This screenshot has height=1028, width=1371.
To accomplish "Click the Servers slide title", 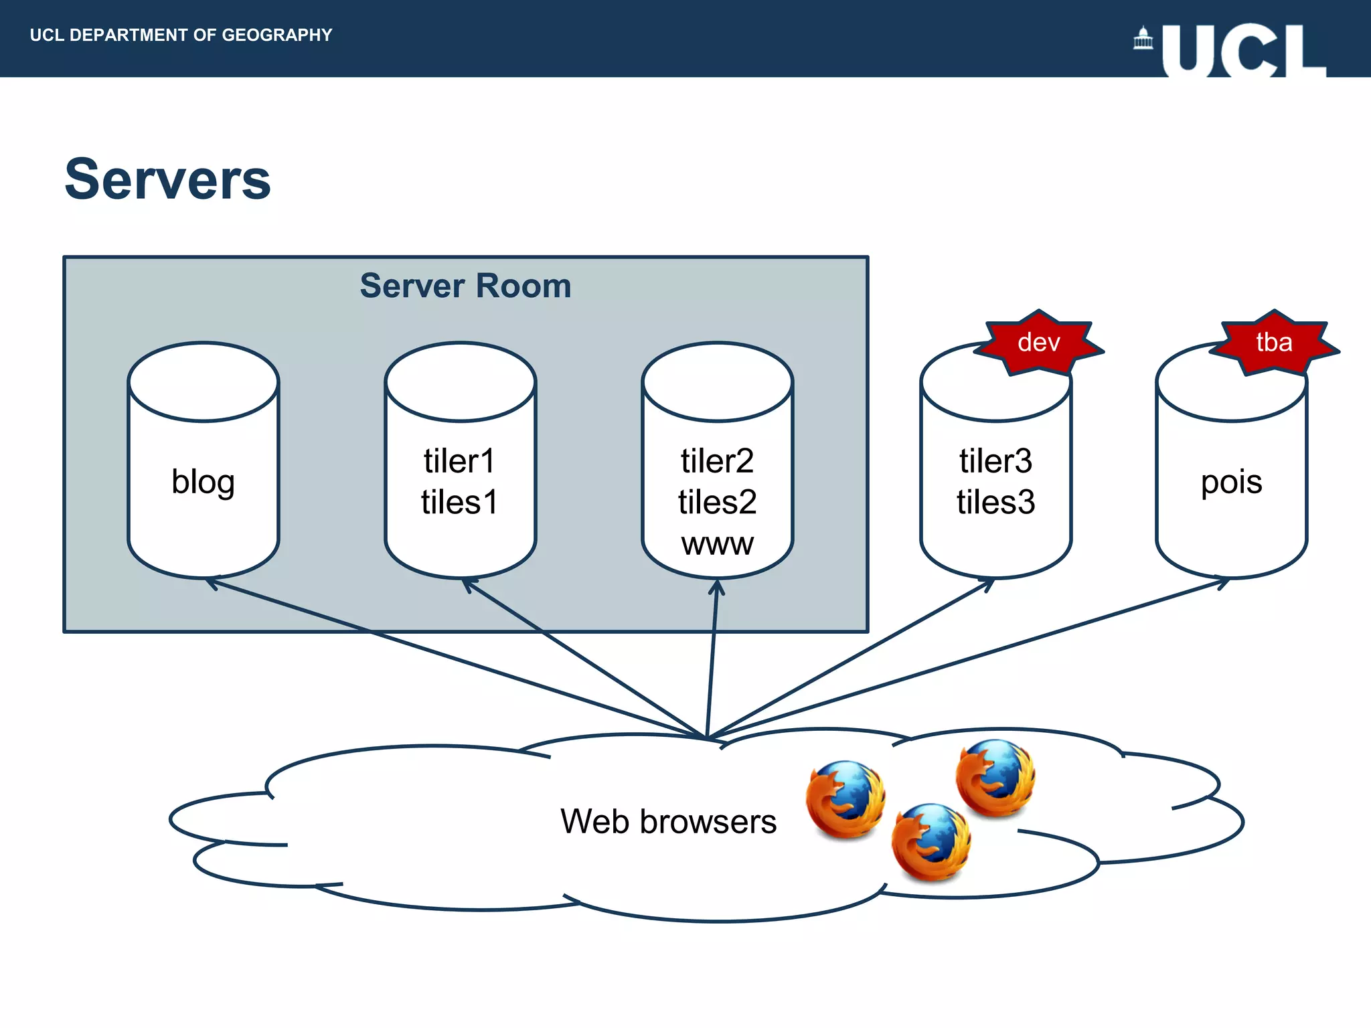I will (x=167, y=179).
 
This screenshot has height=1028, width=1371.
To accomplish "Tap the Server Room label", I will (x=465, y=286).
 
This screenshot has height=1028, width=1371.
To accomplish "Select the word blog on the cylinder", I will (x=203, y=482).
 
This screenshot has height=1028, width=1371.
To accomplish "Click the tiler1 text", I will (x=459, y=461).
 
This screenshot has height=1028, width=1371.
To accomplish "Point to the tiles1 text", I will (x=459, y=502).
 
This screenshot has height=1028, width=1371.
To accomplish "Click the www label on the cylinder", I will (x=717, y=543).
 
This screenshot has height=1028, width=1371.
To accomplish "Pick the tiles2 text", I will (x=717, y=502).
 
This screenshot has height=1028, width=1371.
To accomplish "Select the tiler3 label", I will (x=995, y=461).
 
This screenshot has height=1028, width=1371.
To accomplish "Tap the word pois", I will (x=1231, y=482).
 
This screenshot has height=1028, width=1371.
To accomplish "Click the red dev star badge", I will (x=1038, y=343).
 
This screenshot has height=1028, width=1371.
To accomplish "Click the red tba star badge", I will (x=1274, y=343).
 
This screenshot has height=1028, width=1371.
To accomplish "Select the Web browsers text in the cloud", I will (x=668, y=821).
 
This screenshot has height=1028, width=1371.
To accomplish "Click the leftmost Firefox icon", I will (x=845, y=798).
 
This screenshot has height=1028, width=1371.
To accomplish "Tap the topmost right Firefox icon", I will (x=995, y=777).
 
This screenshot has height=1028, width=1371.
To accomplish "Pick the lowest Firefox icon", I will (x=931, y=841).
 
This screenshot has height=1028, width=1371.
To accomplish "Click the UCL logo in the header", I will (x=1243, y=50).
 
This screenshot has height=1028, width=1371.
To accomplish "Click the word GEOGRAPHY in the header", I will (x=276, y=35).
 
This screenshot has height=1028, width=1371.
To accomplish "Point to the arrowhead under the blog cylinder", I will (x=211, y=584).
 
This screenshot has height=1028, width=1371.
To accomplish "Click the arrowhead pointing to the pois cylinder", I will (x=1222, y=582).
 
